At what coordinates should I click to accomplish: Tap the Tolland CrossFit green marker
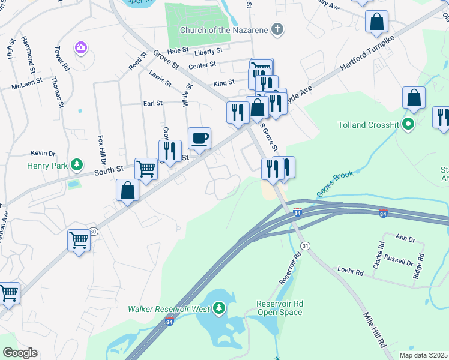click(x=409, y=125)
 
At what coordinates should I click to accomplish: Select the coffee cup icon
click(x=199, y=139)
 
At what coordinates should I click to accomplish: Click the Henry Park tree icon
click(x=76, y=164)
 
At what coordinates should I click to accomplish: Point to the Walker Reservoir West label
click(x=169, y=309)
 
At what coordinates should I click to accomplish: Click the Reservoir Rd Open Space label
click(x=280, y=308)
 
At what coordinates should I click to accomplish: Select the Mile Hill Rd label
click(x=375, y=329)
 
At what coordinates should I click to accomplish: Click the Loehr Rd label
click(x=351, y=272)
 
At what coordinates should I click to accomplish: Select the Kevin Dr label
click(x=43, y=154)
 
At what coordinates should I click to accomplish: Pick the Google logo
click(x=20, y=353)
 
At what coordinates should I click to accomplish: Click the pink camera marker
click(x=80, y=47)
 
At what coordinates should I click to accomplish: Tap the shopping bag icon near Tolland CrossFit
click(x=414, y=98)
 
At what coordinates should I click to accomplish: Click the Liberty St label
click(x=209, y=52)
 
